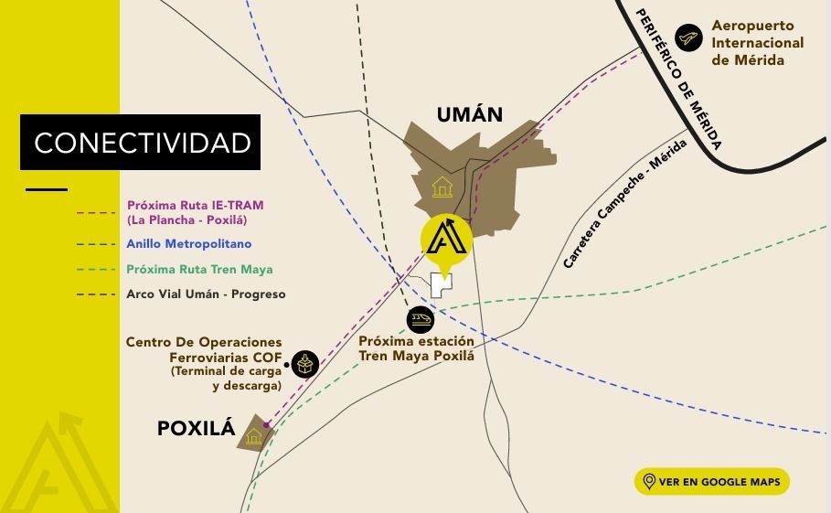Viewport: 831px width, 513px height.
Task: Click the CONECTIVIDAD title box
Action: point(142,143)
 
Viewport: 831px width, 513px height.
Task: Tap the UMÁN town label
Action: point(470,114)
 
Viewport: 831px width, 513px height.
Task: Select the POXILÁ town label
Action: point(197,427)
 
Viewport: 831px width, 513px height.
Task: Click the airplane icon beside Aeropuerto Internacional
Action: point(688,38)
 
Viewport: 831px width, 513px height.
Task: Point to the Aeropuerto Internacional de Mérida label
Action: point(757,43)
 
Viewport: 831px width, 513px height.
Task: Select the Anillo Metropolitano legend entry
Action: point(189,244)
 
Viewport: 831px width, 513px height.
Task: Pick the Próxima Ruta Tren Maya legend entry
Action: point(199,270)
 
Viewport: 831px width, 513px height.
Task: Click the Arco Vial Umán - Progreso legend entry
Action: point(206,294)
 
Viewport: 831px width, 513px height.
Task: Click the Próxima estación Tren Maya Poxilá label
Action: point(417,348)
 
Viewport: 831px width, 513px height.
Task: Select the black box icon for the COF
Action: point(305,364)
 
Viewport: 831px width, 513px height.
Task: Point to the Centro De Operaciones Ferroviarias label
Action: point(207,363)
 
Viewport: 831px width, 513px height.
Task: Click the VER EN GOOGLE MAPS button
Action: point(711,482)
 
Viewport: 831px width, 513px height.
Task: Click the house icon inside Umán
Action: point(442,187)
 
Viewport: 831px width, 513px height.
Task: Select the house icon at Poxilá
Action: point(253,437)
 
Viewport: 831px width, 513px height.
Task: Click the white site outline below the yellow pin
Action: point(442,285)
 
